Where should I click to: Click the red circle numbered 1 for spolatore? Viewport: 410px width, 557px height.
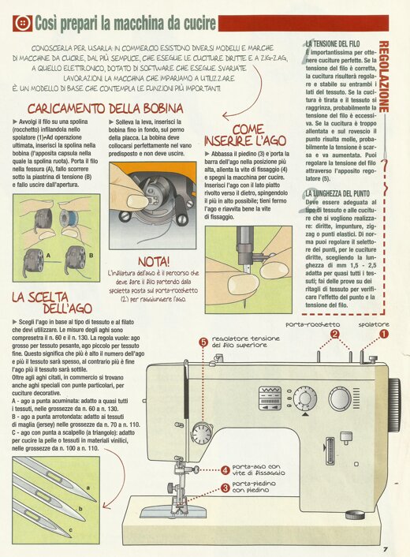pos(384,334)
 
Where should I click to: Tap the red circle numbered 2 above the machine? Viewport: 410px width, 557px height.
pos(335,334)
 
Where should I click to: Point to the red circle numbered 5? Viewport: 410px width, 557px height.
pos(203,342)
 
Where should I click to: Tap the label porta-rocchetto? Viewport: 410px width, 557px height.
pos(312,323)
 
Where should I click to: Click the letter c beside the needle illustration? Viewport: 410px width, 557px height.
pos(73,529)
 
